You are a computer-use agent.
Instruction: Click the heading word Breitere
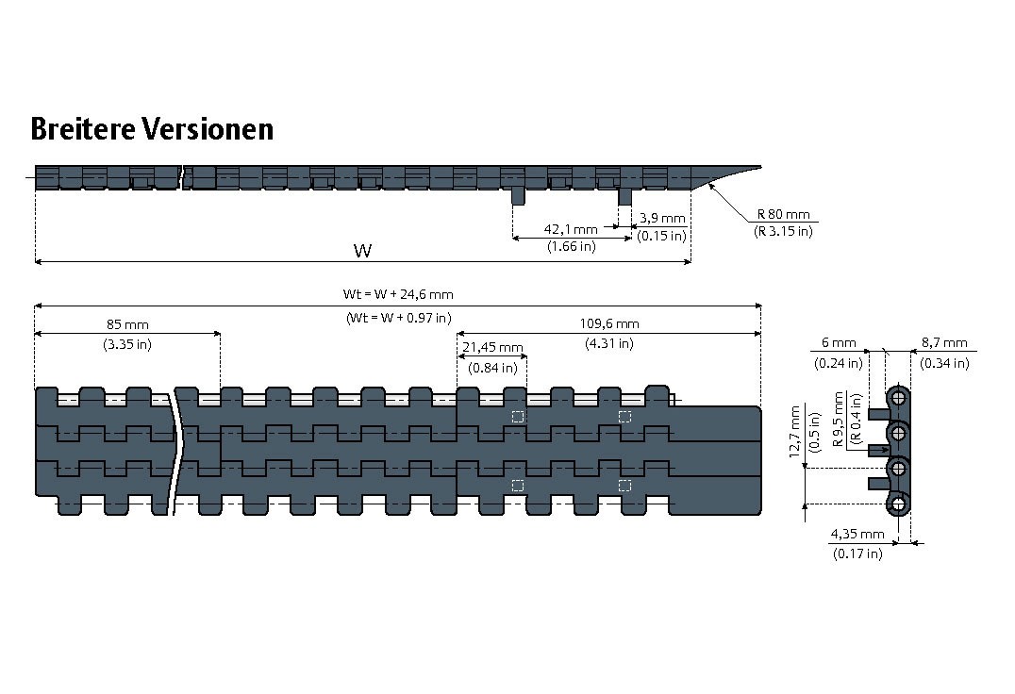(83, 128)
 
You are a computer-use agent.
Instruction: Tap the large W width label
(362, 250)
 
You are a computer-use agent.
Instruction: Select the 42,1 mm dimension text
(571, 229)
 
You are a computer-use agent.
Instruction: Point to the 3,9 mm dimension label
(662, 218)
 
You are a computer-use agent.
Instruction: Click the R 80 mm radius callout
(783, 215)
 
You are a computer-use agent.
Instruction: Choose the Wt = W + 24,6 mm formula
(397, 294)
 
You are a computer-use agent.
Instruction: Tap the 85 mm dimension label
(127, 323)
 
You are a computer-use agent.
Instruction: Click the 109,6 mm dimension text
(608, 323)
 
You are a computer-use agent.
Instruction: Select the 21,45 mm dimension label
(491, 348)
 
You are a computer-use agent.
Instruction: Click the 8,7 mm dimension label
(944, 342)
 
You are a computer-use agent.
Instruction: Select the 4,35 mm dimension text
(857, 534)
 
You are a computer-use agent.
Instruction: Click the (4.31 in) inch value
(608, 342)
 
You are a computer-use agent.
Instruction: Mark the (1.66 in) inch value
(571, 247)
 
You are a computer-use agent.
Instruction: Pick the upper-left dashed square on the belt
(517, 417)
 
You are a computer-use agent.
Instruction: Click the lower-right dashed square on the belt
(624, 485)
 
